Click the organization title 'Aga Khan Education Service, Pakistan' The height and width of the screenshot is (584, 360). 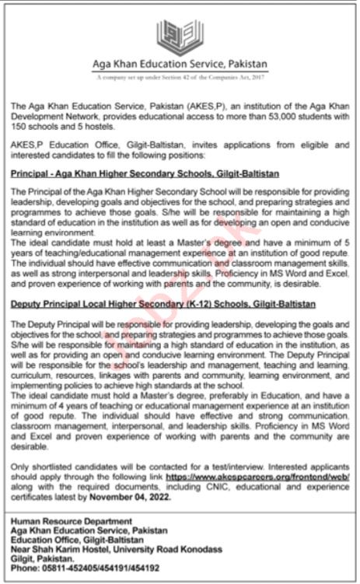[180, 65]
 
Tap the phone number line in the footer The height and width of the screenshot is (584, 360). [80, 569]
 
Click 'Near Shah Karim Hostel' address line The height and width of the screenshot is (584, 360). [117, 549]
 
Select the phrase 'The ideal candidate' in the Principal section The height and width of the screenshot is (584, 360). [40, 244]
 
